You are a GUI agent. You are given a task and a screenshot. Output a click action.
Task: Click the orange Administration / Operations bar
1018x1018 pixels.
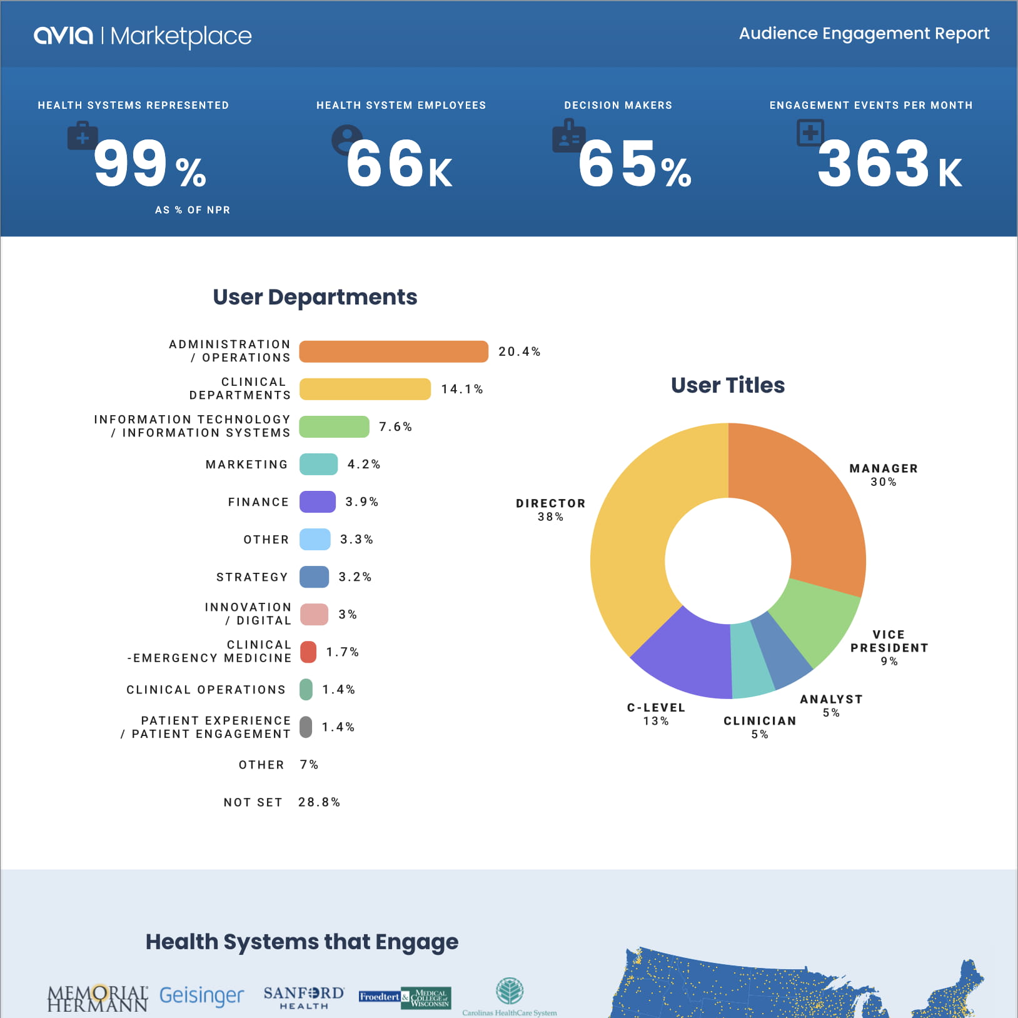click(x=393, y=351)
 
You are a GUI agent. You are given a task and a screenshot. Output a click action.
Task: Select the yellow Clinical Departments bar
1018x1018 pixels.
click(x=365, y=389)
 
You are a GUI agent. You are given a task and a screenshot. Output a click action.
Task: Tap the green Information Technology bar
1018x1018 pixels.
click(x=334, y=426)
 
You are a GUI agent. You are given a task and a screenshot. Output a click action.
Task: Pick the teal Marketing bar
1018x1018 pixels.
click(x=318, y=464)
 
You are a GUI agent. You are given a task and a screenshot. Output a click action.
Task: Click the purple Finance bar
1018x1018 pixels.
click(x=317, y=501)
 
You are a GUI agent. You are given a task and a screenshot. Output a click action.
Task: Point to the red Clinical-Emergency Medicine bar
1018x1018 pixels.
click(x=308, y=652)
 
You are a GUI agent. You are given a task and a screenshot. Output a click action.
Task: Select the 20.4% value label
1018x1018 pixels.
click(x=519, y=351)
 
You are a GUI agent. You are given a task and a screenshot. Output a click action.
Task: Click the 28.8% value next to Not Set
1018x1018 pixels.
click(x=319, y=802)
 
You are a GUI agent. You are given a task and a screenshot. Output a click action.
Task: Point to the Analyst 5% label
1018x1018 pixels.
click(x=831, y=705)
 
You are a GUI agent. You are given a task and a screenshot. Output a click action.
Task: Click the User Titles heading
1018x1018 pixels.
click(x=727, y=385)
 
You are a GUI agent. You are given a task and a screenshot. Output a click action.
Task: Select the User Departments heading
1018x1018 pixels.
click(x=315, y=297)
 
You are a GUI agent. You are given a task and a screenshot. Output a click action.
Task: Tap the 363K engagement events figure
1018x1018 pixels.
click(x=889, y=164)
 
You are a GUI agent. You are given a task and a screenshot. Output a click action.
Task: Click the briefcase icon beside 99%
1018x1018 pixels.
click(x=83, y=136)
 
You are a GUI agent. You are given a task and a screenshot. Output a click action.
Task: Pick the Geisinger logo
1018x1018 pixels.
click(x=201, y=995)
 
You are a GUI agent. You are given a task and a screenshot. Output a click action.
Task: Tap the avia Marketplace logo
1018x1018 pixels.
click(x=143, y=36)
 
